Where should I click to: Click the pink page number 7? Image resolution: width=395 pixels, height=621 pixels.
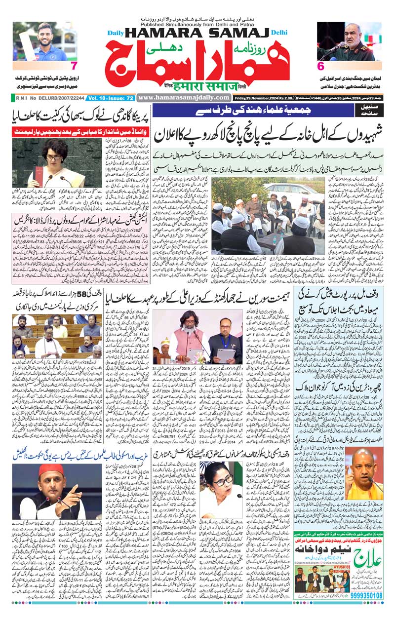[x=74, y=66]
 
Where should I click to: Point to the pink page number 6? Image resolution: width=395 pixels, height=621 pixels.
[x=320, y=66]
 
